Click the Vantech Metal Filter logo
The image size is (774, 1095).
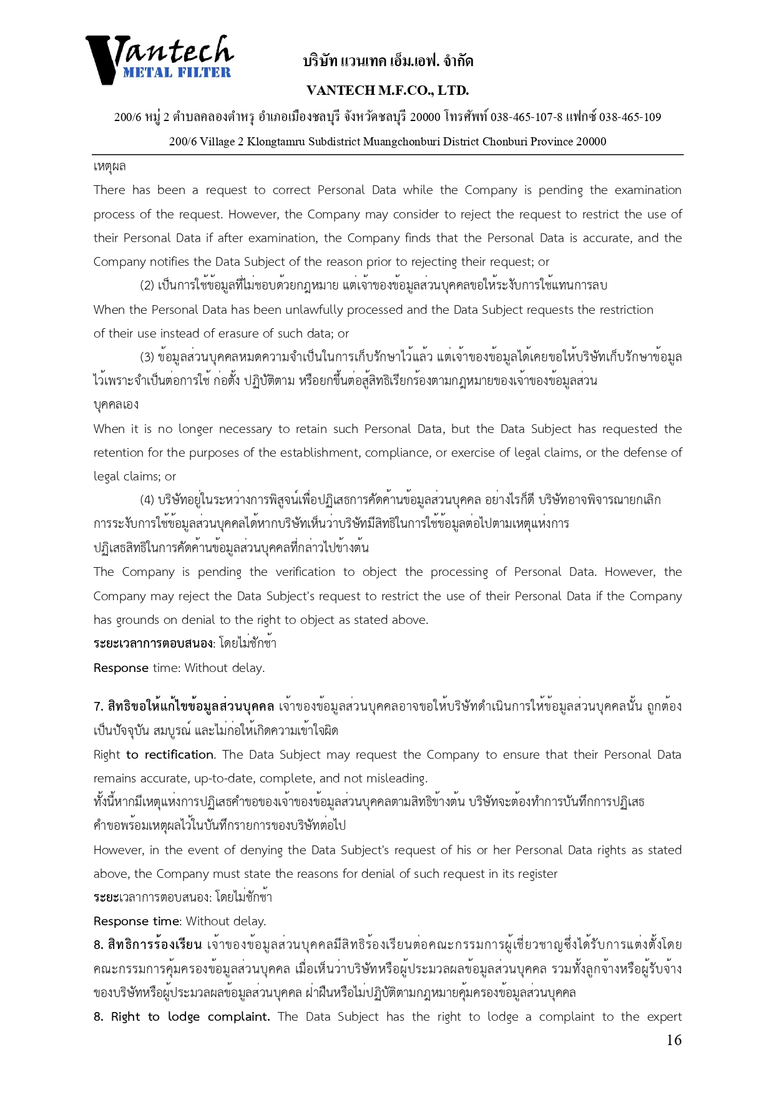click(159, 59)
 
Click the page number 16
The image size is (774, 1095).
click(674, 1039)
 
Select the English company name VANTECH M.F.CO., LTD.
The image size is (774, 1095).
click(388, 90)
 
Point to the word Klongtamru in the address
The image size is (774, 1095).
click(278, 142)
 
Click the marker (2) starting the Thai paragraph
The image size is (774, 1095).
click(147, 286)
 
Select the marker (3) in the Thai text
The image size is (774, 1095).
click(147, 358)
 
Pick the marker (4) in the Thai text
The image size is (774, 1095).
click(147, 500)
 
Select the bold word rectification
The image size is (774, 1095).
click(179, 755)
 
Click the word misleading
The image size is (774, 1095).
click(398, 779)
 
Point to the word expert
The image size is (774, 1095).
click(664, 1017)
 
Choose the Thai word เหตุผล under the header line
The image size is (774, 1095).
click(110, 167)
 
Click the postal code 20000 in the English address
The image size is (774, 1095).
click(590, 142)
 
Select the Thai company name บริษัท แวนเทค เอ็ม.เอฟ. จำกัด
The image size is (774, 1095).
click(388, 61)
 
